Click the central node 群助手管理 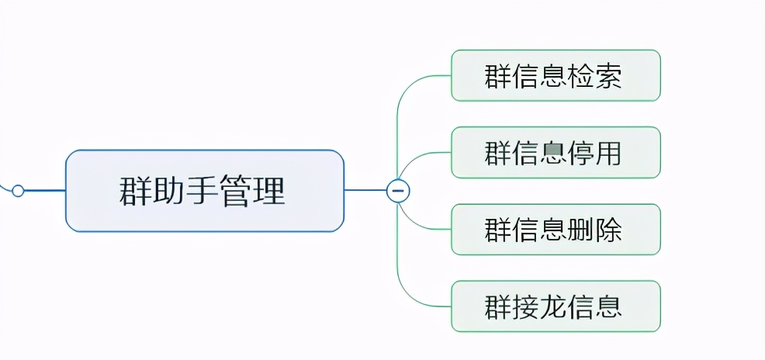coord(204,191)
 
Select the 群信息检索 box coord(556,76)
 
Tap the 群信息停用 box coord(556,153)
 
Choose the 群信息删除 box coord(556,230)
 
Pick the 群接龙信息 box coord(556,306)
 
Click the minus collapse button coord(398,191)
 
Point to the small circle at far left coord(18,190)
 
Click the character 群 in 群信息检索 coord(497,76)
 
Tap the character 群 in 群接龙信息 coord(497,306)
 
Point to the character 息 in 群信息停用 coord(556,153)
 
